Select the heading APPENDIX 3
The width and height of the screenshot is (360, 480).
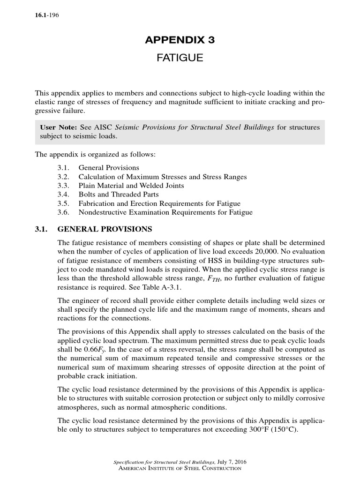180,40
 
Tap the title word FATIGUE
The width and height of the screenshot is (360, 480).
180,58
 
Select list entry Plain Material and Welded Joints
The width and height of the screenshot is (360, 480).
131,186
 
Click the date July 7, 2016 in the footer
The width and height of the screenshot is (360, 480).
230,462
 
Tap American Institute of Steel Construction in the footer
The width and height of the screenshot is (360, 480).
180,468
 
